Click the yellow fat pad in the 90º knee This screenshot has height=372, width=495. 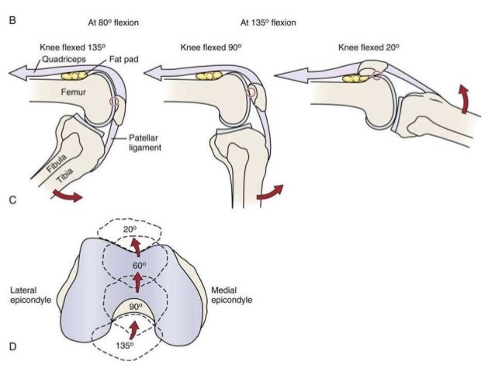pos(209,77)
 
